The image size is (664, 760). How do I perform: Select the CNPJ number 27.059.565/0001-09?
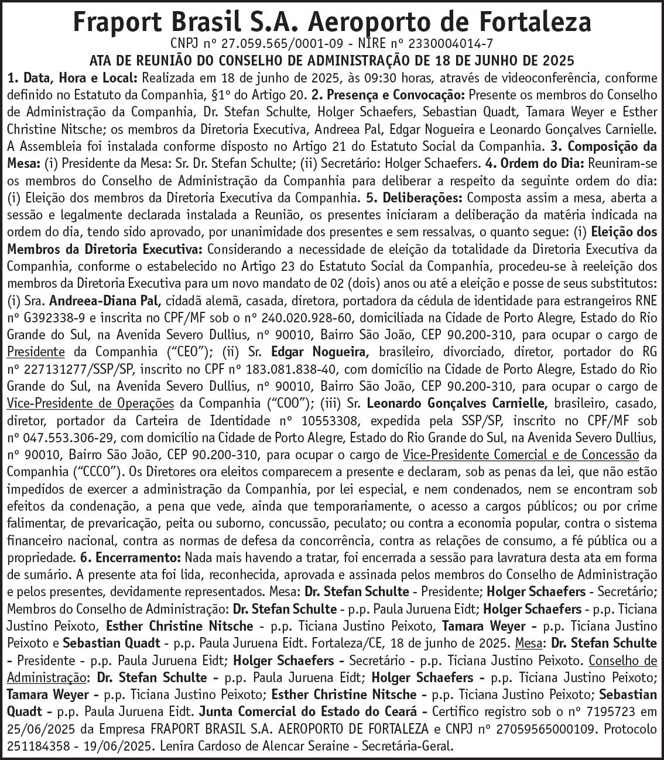[x=274, y=43]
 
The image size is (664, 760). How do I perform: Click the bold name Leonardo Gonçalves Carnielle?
[x=457, y=403]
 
